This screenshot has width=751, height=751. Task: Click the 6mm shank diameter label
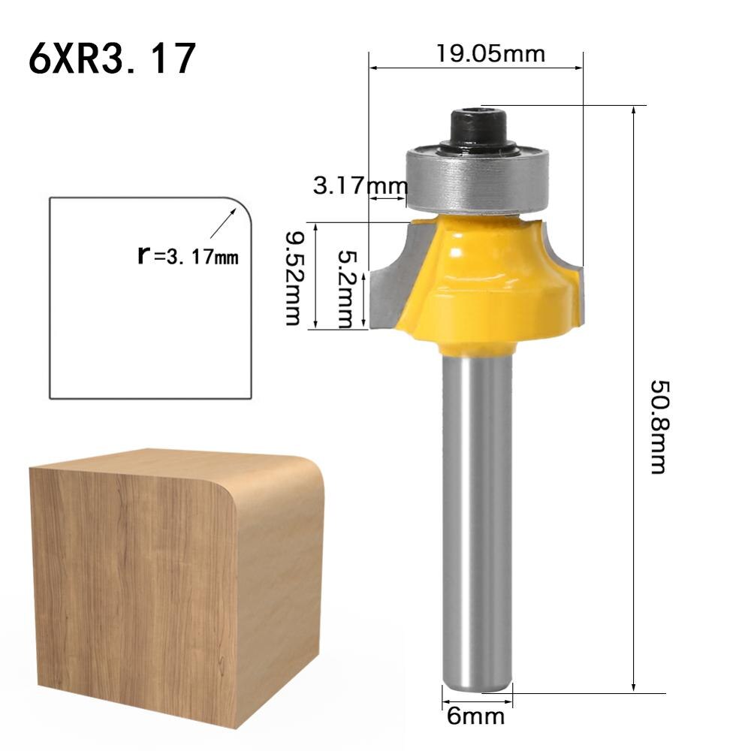pyautogui.click(x=475, y=716)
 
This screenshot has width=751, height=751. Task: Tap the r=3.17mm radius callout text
pyautogui.click(x=188, y=257)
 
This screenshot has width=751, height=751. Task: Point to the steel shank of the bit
pyautogui.click(x=476, y=511)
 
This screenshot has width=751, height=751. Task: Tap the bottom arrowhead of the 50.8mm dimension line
pyautogui.click(x=635, y=686)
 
